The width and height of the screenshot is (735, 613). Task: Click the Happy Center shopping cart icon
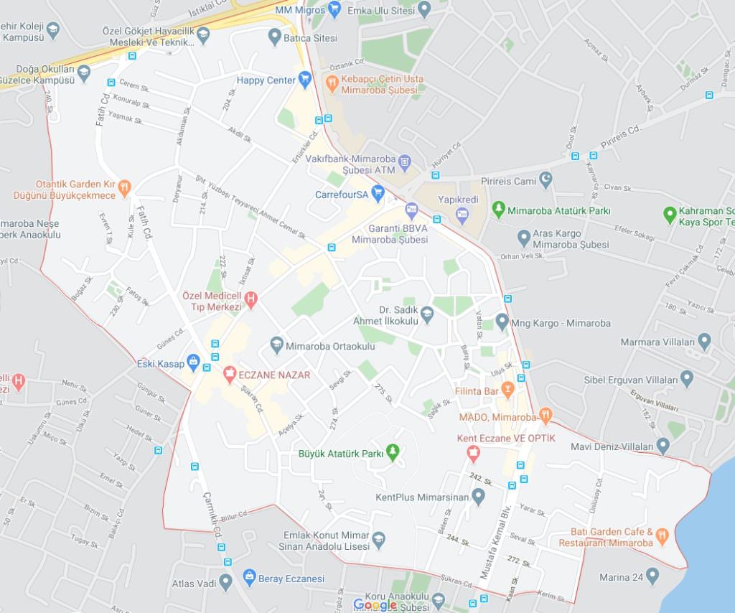(305, 80)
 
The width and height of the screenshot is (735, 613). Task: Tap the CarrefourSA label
(341, 194)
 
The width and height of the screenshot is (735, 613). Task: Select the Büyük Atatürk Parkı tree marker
(393, 451)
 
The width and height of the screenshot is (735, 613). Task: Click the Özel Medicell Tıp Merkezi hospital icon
(251, 298)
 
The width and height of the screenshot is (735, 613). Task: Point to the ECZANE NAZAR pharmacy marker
(230, 373)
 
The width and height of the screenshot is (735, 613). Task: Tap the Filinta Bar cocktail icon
(508, 390)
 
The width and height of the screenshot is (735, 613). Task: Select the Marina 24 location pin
(652, 576)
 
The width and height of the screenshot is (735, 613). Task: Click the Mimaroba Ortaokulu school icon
(277, 345)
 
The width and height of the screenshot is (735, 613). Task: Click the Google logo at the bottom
(375, 604)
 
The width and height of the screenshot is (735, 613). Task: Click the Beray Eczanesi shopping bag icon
(249, 577)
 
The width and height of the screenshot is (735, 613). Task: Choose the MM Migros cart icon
(334, 9)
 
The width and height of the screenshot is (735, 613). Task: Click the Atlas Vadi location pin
(226, 582)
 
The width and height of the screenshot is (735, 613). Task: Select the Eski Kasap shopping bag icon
(192, 362)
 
